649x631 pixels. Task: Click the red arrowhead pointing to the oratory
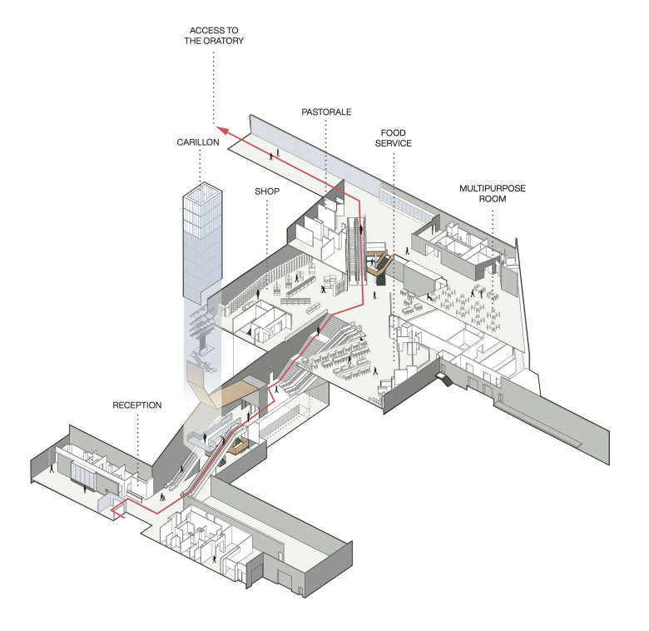219,129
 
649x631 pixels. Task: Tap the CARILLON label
198,142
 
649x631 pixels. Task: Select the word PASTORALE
325,111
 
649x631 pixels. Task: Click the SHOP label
267,191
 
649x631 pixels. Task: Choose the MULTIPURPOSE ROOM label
493,194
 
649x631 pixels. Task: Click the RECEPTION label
137,405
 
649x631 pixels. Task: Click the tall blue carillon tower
201,241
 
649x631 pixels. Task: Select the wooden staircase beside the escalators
381,260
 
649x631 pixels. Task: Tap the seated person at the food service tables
428,297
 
